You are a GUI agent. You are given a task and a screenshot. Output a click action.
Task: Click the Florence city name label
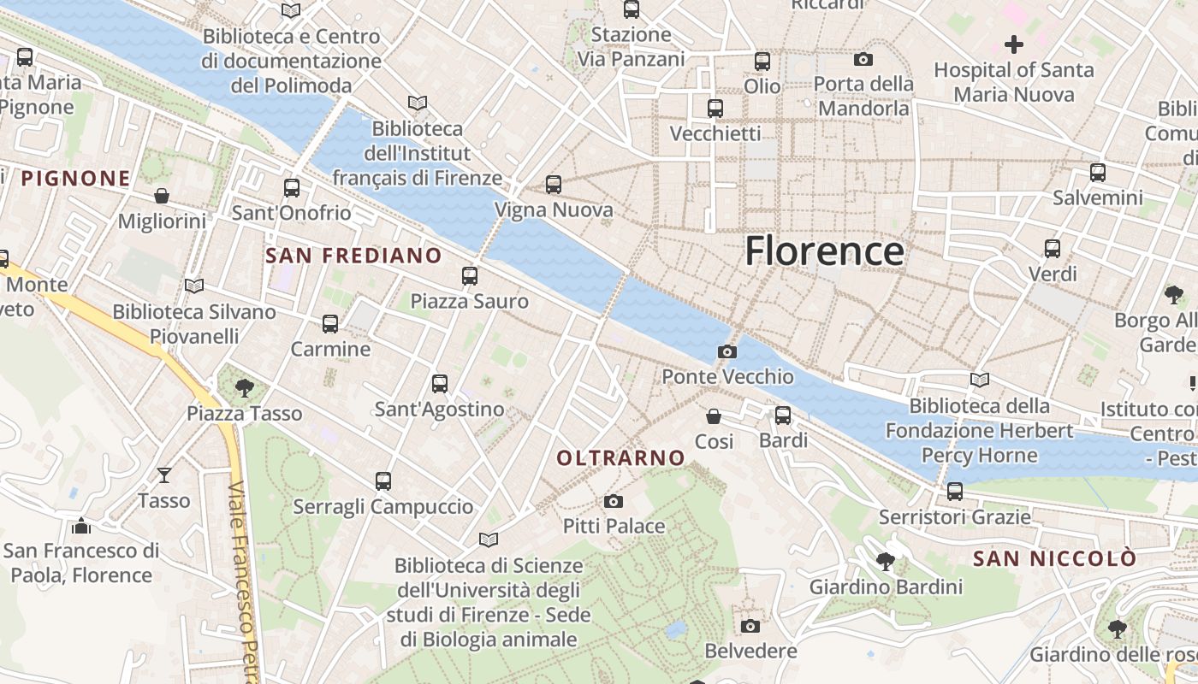pos(824,251)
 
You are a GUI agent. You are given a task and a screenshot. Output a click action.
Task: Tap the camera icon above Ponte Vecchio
pos(727,351)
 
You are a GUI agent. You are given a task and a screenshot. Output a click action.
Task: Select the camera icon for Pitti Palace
pos(614,501)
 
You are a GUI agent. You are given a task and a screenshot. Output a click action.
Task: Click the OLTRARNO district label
pos(621,458)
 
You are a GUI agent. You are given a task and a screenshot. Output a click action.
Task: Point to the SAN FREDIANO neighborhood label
pos(353,256)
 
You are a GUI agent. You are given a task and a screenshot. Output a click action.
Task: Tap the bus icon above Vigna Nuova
pos(554,184)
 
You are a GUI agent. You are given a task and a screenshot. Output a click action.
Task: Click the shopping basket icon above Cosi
pos(714,416)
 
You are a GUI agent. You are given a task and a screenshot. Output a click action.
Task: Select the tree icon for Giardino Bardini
pos(886,562)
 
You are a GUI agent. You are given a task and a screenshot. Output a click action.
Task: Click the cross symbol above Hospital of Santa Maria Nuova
pos(1014,44)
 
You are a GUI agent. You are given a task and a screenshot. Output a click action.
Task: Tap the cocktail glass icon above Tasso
pos(164,475)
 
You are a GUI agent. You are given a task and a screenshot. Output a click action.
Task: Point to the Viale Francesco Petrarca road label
pos(243,581)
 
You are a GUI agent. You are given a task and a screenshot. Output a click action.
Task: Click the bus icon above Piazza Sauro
pos(469,275)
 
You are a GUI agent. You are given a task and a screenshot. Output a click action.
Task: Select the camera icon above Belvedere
pos(750,626)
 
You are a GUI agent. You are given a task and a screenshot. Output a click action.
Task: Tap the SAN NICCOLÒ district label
pos(1055,559)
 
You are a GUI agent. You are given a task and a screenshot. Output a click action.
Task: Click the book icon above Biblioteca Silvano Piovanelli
pos(194,286)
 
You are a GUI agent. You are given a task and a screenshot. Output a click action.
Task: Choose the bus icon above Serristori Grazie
pos(955,492)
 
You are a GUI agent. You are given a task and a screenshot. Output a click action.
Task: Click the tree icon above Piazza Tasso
pos(245,387)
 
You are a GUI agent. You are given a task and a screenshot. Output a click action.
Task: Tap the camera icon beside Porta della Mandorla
pos(863,59)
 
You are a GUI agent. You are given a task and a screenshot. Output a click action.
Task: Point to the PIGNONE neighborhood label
pos(75,179)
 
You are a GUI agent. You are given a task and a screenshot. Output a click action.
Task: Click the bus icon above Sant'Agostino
pos(440,383)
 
